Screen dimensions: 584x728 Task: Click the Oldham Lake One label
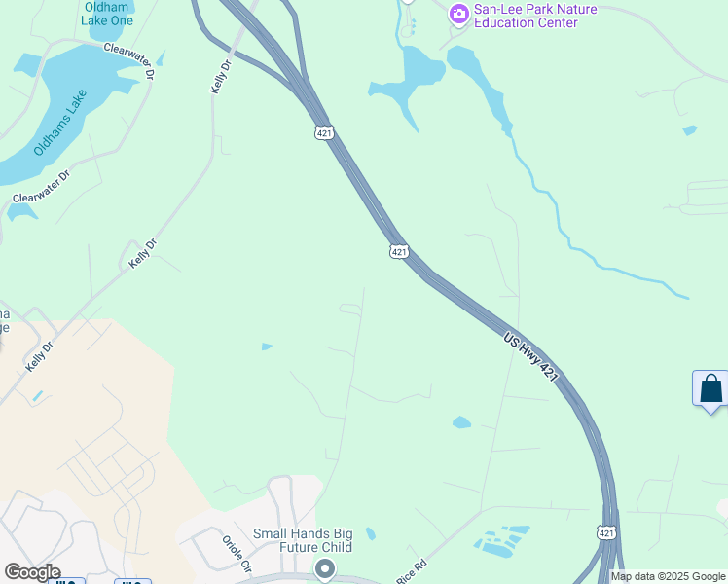pyautogui.click(x=107, y=14)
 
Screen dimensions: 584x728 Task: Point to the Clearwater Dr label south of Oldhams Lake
pyautogui.click(x=41, y=186)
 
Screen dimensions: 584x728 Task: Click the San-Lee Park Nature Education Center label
pyautogui.click(x=534, y=16)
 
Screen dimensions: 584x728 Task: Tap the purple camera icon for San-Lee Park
pyautogui.click(x=458, y=14)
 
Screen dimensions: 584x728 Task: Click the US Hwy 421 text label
pyautogui.click(x=531, y=357)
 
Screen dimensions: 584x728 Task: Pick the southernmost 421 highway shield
pyautogui.click(x=605, y=532)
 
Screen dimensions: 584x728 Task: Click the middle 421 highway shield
pyautogui.click(x=399, y=251)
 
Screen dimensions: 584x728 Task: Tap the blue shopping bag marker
pyautogui.click(x=711, y=388)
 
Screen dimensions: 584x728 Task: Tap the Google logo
pyautogui.click(x=32, y=572)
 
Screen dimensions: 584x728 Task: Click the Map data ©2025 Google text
pyautogui.click(x=667, y=576)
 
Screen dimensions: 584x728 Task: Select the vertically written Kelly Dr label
pyautogui.click(x=221, y=76)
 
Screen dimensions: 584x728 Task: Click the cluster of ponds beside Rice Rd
pyautogui.click(x=502, y=541)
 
